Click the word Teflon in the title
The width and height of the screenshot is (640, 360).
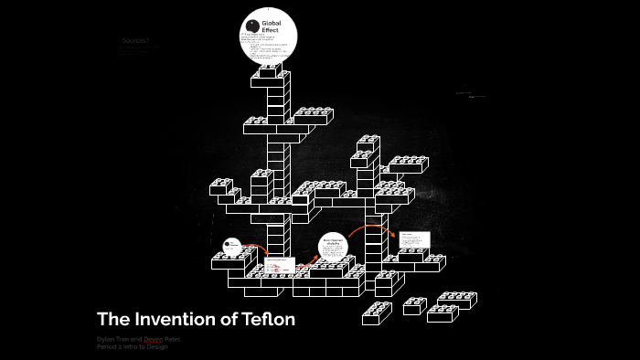pyautogui.click(x=265, y=320)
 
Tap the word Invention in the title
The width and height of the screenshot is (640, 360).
pyautogui.click(x=177, y=320)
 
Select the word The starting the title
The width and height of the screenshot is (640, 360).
pyautogui.click(x=113, y=320)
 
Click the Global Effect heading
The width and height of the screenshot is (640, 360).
pyautogui.click(x=273, y=26)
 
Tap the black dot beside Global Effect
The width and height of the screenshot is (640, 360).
pyautogui.click(x=253, y=26)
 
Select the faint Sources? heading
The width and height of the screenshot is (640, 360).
pyautogui.click(x=135, y=41)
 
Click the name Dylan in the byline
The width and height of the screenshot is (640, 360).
pyautogui.click(x=106, y=339)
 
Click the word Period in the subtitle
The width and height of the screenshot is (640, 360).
pyautogui.click(x=108, y=347)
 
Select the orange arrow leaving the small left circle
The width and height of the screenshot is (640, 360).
pyautogui.click(x=257, y=249)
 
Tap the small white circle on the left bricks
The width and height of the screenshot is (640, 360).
pyautogui.click(x=232, y=246)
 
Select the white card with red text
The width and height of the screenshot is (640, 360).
pyautogui.click(x=280, y=265)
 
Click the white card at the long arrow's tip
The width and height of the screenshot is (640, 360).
pyautogui.click(x=413, y=240)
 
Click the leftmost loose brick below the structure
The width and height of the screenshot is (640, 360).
pyautogui.click(x=377, y=313)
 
